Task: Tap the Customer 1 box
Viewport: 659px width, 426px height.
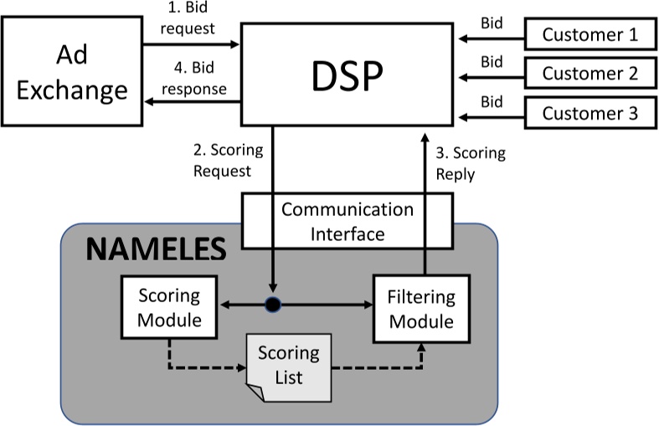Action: pos(589,34)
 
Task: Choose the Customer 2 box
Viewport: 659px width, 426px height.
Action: pos(589,73)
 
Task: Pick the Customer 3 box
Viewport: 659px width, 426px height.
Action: pos(589,112)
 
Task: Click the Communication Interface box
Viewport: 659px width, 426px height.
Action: pos(347,221)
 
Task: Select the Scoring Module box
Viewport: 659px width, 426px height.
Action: pos(169,307)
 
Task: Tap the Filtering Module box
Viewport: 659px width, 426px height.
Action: pos(420,309)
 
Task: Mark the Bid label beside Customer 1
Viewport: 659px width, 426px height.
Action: pos(492,23)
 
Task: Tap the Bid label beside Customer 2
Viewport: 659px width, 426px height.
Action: pos(492,61)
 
